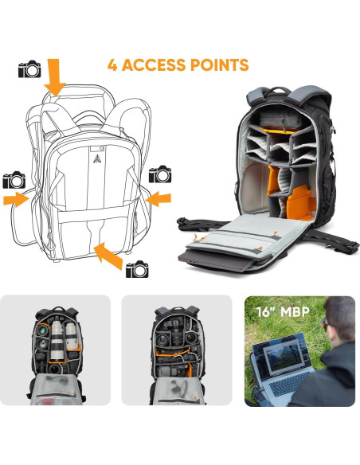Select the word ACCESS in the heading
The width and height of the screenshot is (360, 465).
point(158,64)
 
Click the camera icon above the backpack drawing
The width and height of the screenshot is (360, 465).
point(29,69)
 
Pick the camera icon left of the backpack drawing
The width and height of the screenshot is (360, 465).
point(14,180)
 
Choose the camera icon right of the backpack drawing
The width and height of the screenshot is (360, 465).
point(160,174)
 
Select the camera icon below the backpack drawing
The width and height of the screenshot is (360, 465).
point(137,268)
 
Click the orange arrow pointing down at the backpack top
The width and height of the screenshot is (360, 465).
point(54,77)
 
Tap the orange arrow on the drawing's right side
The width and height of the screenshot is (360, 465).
point(158,196)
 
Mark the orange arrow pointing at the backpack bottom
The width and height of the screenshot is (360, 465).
point(108,256)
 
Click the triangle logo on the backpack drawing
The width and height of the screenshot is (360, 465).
point(92,158)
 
